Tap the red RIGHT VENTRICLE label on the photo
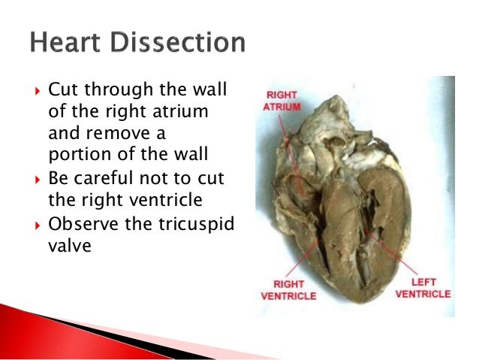point(289,290)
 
